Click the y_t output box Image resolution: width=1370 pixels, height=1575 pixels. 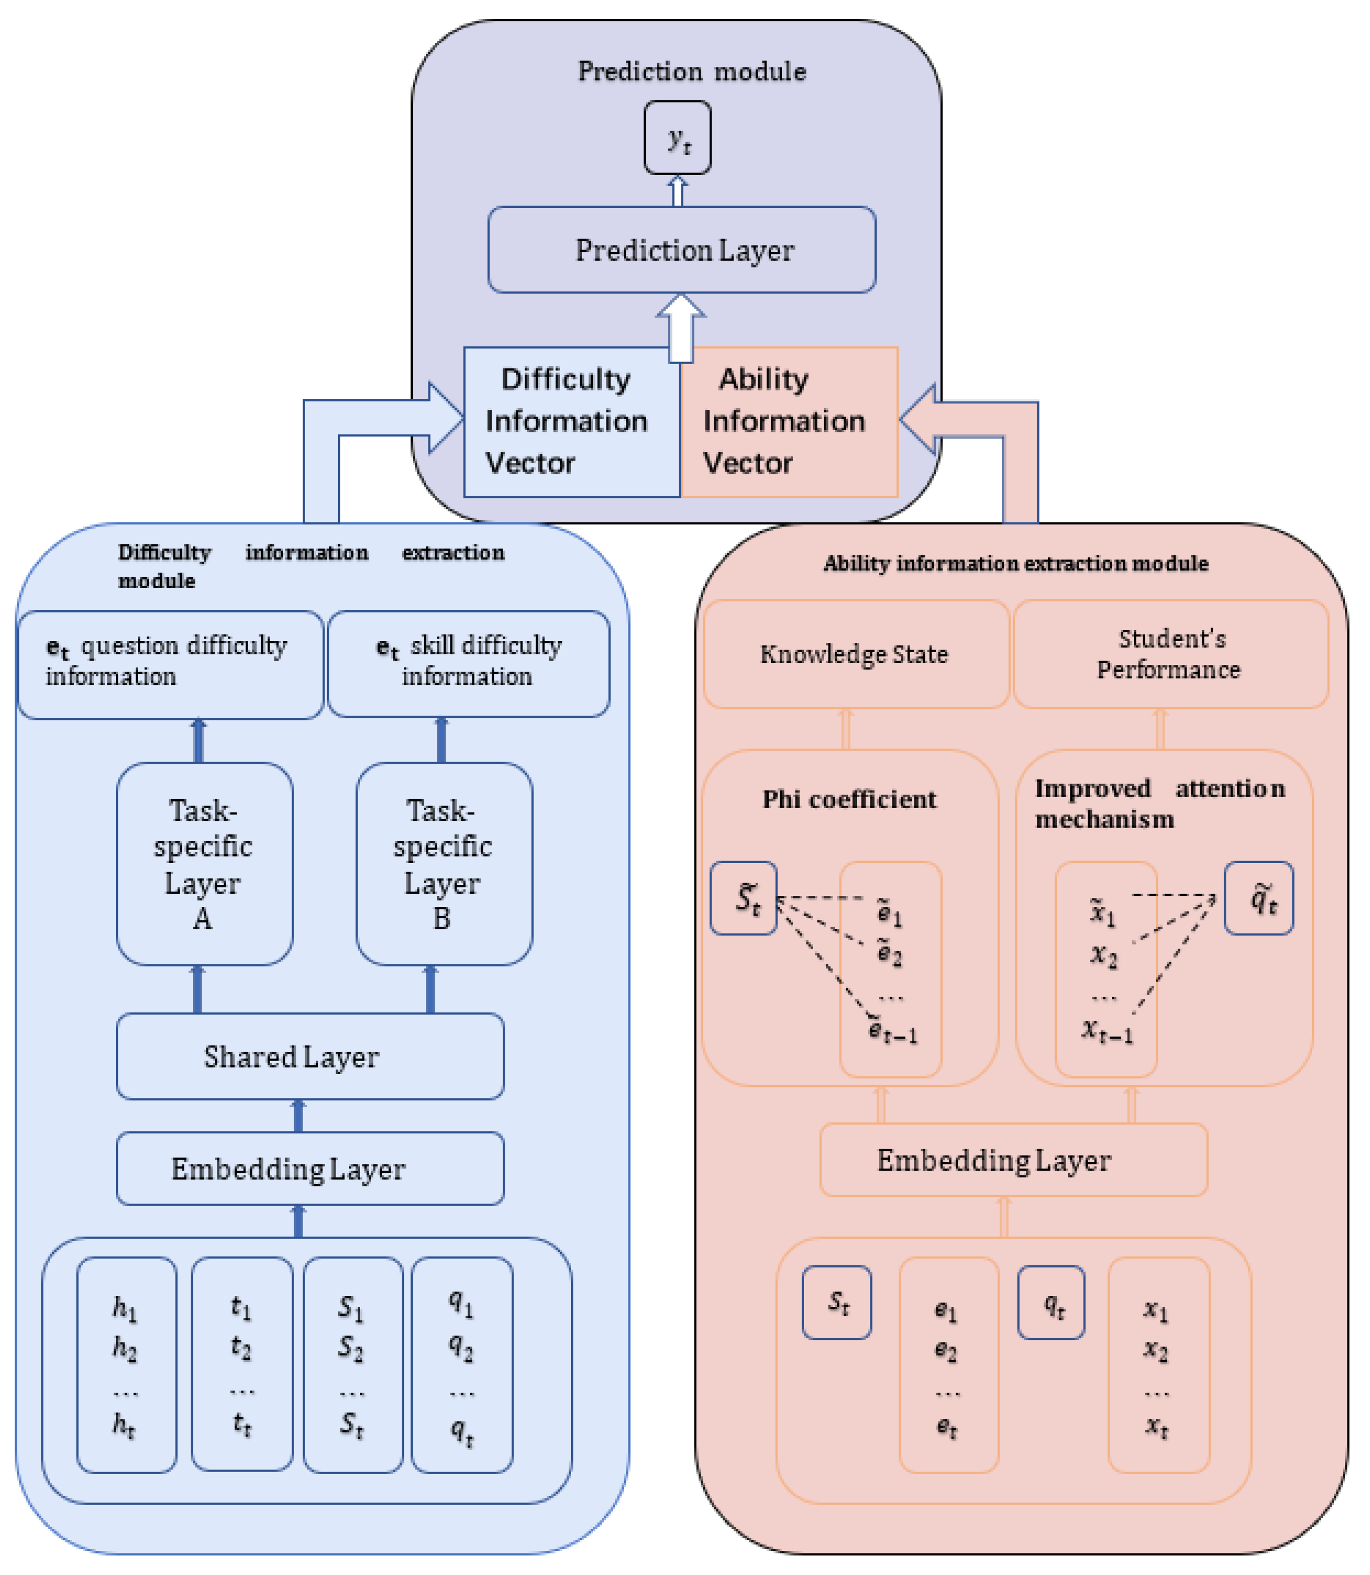coord(677,137)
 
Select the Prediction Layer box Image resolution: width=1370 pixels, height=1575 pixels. coord(682,250)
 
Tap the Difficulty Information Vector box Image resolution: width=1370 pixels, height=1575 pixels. coord(571,422)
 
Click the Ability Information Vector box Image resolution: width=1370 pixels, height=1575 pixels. coord(788,422)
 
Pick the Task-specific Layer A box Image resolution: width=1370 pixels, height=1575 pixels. coord(204,864)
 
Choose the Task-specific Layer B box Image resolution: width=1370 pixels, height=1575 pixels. coord(444,864)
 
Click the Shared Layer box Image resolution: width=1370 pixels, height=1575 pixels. coord(310,1056)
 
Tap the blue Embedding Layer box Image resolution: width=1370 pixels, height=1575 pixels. coord(310,1169)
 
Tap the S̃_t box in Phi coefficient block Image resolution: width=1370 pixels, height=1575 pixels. coord(744,898)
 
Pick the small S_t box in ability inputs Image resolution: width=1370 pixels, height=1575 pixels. coord(837,1303)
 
